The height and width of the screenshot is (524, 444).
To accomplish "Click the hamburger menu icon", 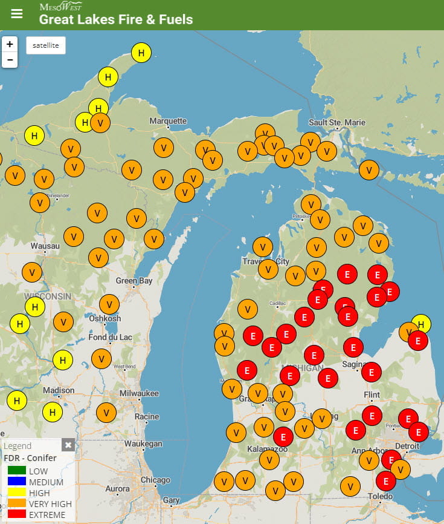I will [17, 13].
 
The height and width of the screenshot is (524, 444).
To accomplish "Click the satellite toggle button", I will [46, 45].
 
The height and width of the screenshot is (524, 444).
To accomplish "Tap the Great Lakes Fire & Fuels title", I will [116, 19].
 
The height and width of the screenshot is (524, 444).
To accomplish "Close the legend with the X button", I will [68, 445].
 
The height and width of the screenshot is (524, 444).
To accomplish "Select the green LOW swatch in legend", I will [16, 471].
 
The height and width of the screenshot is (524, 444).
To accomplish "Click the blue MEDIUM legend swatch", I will [16, 482].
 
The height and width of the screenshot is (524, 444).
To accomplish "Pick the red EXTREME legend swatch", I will [16, 514].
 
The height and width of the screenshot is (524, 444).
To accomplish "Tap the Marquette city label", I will [168, 121].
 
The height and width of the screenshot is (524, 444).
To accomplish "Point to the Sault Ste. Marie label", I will [337, 123].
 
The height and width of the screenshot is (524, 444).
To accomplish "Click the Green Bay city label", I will [134, 281].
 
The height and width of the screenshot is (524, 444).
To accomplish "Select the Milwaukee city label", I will [139, 393].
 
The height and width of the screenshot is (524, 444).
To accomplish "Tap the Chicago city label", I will [155, 480].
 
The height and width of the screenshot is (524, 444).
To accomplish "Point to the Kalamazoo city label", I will [267, 449].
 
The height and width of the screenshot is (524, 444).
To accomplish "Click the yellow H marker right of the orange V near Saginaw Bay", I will [421, 324].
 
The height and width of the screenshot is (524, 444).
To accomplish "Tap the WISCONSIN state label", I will [48, 296].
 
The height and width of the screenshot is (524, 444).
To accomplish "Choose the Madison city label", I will [59, 390].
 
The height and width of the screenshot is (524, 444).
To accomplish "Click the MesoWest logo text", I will [60, 7].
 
